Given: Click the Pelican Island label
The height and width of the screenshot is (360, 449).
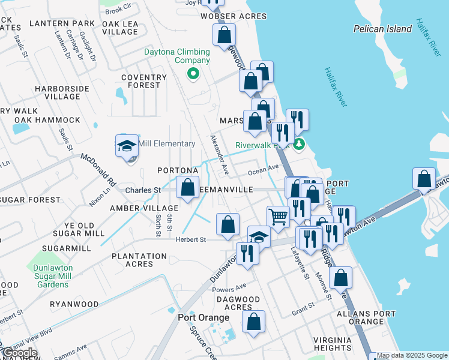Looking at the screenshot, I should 382,28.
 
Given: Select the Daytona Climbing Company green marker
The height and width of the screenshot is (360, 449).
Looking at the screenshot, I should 193,74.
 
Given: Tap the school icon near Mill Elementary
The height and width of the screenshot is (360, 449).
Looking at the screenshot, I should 127,146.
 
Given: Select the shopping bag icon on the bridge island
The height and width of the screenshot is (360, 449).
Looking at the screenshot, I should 424,179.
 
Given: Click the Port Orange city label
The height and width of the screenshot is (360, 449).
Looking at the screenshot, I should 203,317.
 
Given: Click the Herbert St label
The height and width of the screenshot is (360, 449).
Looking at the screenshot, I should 191,239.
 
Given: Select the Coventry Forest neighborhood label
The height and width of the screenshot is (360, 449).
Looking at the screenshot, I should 143,81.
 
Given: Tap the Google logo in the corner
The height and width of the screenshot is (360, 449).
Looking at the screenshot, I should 20,353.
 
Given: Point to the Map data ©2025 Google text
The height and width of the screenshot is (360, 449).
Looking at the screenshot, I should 412,356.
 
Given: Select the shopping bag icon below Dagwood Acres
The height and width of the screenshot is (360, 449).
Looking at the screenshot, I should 254,322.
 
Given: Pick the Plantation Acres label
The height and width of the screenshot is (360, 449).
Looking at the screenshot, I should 139,260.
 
